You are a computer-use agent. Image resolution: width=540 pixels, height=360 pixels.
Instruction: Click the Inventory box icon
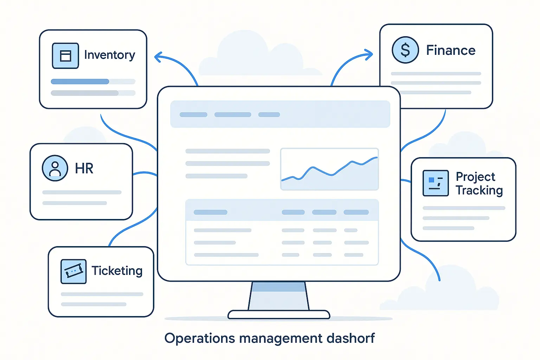point(65,56)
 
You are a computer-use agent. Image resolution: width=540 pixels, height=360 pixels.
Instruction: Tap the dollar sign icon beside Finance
point(405,50)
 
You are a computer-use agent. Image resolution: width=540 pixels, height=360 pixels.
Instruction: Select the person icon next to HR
point(55,168)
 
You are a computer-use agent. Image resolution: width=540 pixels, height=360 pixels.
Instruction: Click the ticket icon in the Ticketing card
point(73,271)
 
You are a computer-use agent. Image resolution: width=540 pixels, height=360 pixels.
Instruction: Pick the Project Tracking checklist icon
point(436,183)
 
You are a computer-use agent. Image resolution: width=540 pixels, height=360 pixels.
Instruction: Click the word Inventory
point(110,55)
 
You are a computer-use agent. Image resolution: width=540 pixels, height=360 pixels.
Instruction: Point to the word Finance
point(451,51)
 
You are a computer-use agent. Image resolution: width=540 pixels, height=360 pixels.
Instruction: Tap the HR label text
point(84,169)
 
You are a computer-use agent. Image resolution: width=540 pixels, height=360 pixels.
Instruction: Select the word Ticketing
point(117,271)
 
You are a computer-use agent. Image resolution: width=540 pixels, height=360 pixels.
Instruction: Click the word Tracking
point(479,191)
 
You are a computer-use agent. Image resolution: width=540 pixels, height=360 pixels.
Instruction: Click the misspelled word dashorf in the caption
point(351,338)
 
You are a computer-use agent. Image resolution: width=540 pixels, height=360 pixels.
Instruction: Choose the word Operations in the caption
point(200,339)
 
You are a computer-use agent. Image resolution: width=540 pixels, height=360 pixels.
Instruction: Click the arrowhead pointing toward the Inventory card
point(158,57)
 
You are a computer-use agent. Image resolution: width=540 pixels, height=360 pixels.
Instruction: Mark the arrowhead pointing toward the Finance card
point(369,54)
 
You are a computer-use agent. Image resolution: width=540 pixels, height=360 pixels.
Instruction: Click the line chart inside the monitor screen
point(329,169)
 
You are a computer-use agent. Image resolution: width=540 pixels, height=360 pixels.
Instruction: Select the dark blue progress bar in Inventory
point(80,82)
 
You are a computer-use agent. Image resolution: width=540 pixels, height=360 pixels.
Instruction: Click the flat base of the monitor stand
point(279,314)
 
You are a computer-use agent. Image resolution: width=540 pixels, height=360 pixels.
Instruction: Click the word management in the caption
point(281,339)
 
